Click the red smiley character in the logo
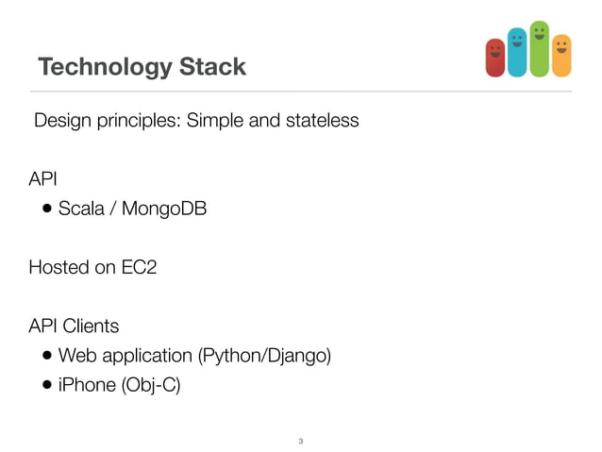click(495, 58)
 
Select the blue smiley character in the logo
click(517, 52)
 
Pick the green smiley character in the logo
click(539, 48)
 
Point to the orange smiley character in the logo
click(561, 56)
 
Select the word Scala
click(81, 209)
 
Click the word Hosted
click(60, 267)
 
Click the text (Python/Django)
click(264, 357)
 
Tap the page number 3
click(300, 441)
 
